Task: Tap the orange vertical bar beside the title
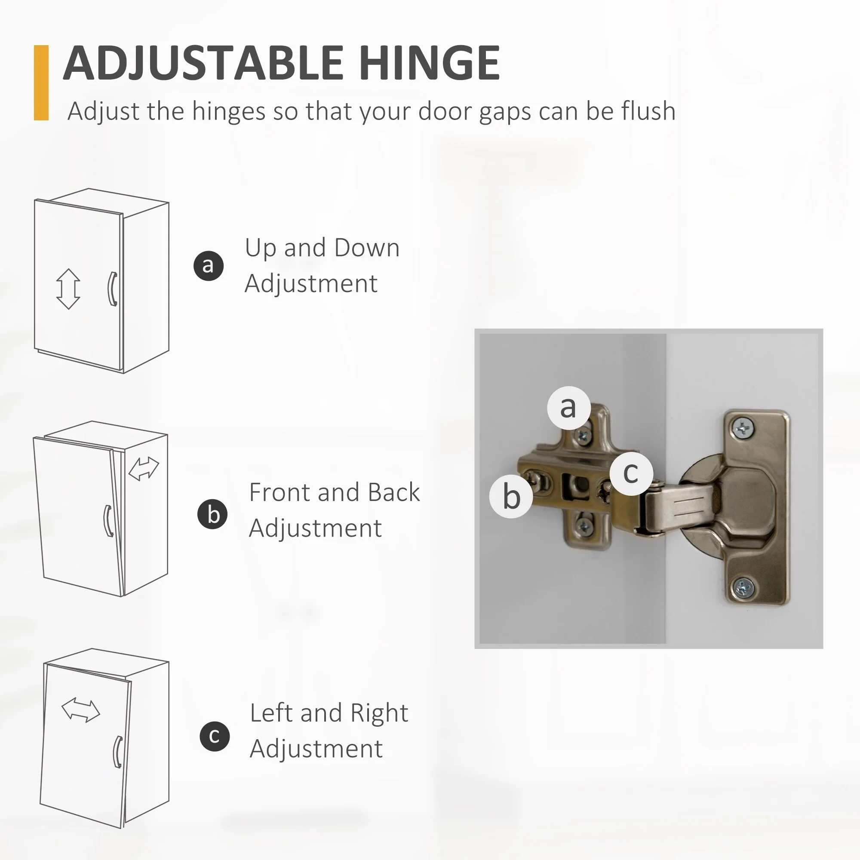click(x=41, y=83)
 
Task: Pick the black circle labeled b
click(x=213, y=514)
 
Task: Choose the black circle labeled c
click(x=215, y=736)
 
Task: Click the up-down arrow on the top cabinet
click(x=68, y=289)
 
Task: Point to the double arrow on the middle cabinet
click(x=143, y=469)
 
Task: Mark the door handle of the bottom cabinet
click(x=117, y=752)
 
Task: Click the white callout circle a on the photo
click(x=569, y=408)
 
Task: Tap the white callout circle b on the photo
click(x=511, y=496)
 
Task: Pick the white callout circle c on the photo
click(x=631, y=473)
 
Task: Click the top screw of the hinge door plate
click(x=743, y=429)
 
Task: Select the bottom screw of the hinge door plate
click(x=743, y=588)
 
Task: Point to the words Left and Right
click(x=329, y=713)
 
